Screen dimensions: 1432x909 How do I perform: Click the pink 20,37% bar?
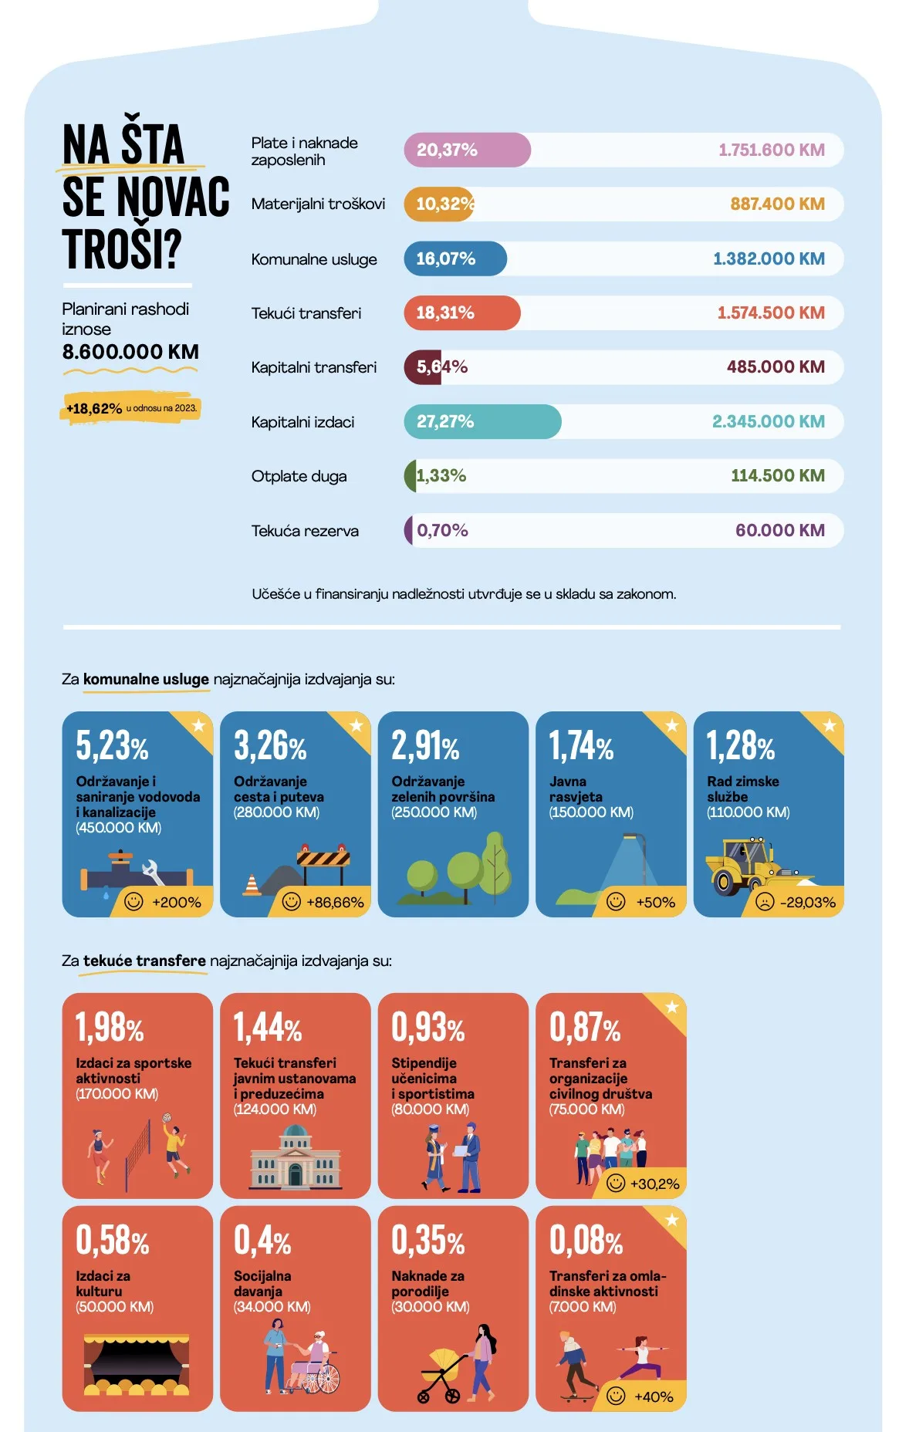click(466, 150)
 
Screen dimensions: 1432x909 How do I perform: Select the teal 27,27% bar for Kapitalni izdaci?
click(482, 421)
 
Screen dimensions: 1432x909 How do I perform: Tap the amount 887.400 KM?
click(777, 204)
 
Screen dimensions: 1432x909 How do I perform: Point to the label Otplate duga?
click(299, 476)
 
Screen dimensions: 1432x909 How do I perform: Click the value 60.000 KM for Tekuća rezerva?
click(779, 530)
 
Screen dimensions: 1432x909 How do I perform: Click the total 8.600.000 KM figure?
click(130, 352)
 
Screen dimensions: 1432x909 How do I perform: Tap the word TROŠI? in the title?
click(122, 248)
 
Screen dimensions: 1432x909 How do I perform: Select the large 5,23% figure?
click(112, 745)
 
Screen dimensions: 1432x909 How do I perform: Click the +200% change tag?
click(176, 902)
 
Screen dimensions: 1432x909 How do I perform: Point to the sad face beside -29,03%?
click(764, 901)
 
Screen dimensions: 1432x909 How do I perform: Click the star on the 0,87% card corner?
click(671, 1007)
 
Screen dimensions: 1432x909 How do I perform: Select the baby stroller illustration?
click(442, 1373)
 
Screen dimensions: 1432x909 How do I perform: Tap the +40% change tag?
click(653, 1397)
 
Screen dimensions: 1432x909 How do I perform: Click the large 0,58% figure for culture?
click(112, 1240)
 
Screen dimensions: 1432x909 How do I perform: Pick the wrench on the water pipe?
click(152, 872)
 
